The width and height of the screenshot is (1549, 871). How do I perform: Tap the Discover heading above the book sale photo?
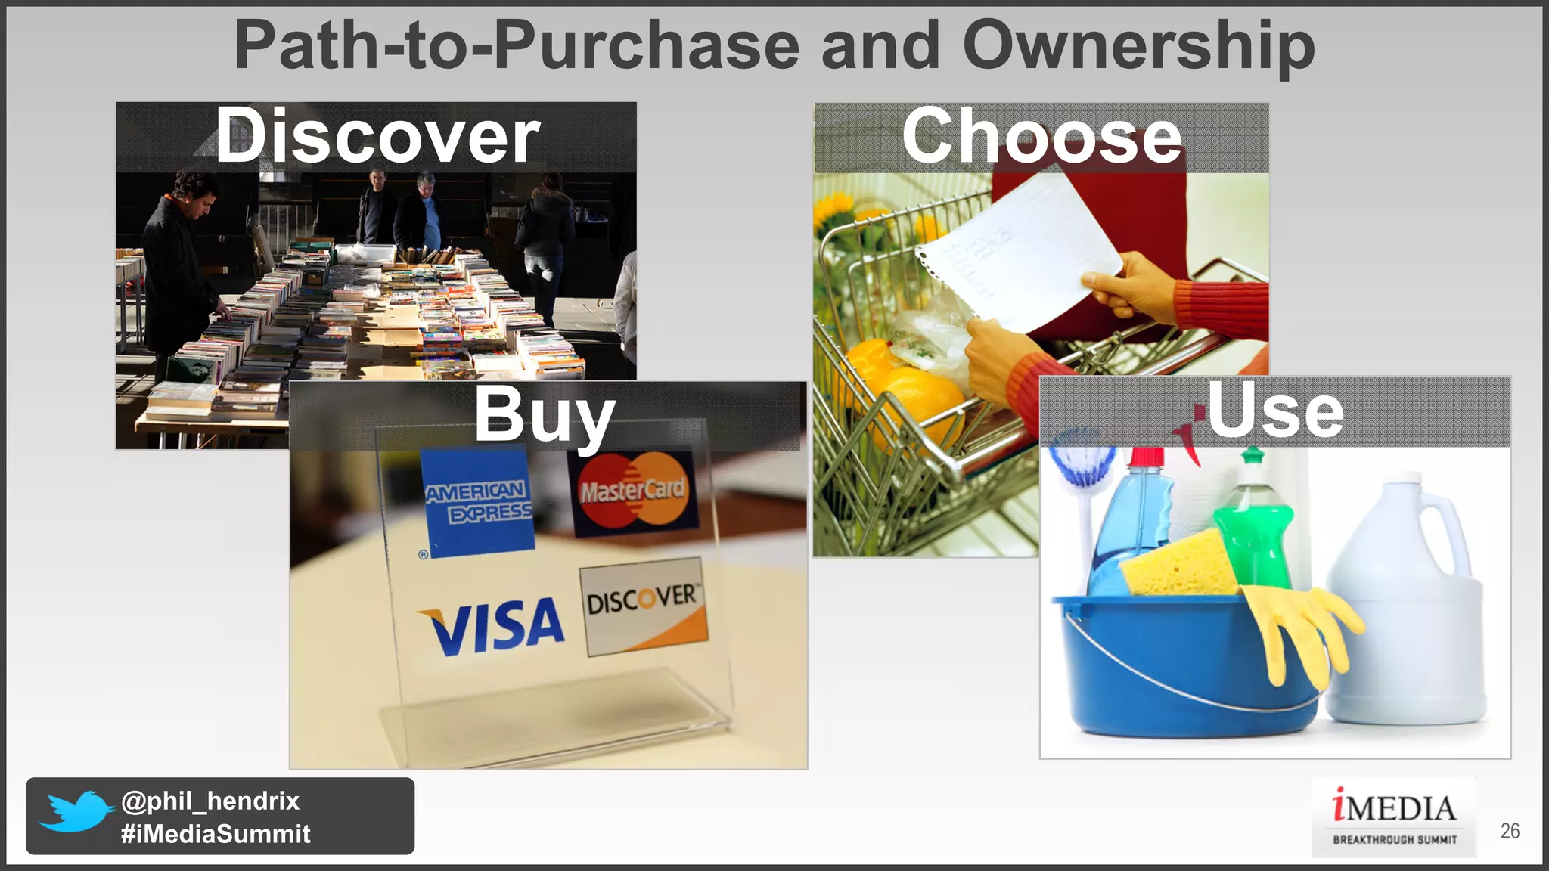coord(377,136)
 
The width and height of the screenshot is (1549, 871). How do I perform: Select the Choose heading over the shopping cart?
coord(1041,136)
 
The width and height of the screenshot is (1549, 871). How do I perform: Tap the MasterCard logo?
coord(634,491)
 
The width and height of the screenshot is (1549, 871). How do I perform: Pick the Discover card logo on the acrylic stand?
coord(643,605)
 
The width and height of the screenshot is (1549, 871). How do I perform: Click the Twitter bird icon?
coord(74,811)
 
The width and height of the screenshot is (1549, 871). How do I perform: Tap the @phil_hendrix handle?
coord(210,801)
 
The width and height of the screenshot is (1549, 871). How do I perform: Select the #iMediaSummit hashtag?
coord(216,834)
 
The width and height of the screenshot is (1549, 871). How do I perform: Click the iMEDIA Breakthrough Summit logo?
coord(1394,817)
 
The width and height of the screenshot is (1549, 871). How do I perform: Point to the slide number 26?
coord(1510,831)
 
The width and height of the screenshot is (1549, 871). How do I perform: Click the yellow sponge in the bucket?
coord(1180,563)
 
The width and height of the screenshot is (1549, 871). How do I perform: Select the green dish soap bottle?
coord(1254,529)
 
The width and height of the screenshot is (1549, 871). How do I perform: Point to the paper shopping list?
coord(1021,250)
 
